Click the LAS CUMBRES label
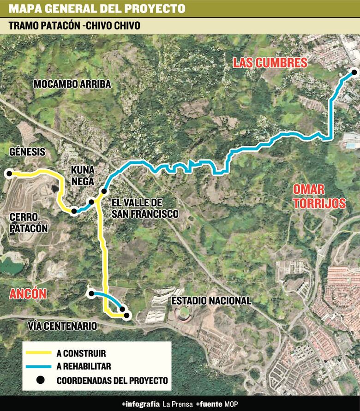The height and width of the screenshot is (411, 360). coord(270,63)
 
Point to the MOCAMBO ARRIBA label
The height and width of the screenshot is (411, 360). coord(72,84)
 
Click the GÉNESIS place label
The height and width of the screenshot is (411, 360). coord(27,152)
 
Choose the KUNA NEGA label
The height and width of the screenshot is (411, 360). coord(83,176)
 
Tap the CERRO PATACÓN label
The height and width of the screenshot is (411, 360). coord(29,222)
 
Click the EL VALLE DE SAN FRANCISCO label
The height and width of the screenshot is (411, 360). coord(145,208)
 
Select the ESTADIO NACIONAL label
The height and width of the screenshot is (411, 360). coord(211,301)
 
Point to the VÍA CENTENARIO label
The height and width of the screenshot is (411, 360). coord(62,326)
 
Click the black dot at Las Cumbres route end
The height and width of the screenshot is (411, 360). coord(354,71)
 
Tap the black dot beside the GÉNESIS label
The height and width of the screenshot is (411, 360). coord(8,173)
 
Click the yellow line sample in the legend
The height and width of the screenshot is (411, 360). coord(39,354)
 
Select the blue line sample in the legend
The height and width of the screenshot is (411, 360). coord(39,367)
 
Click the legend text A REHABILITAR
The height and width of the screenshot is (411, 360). coord(84,367)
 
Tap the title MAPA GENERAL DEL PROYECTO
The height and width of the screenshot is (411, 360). coord(97,9)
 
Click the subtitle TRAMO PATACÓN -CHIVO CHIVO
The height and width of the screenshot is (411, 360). coord(74,26)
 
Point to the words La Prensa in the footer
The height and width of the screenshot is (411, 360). coord(177,404)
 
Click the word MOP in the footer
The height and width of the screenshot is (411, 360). coord(231,404)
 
